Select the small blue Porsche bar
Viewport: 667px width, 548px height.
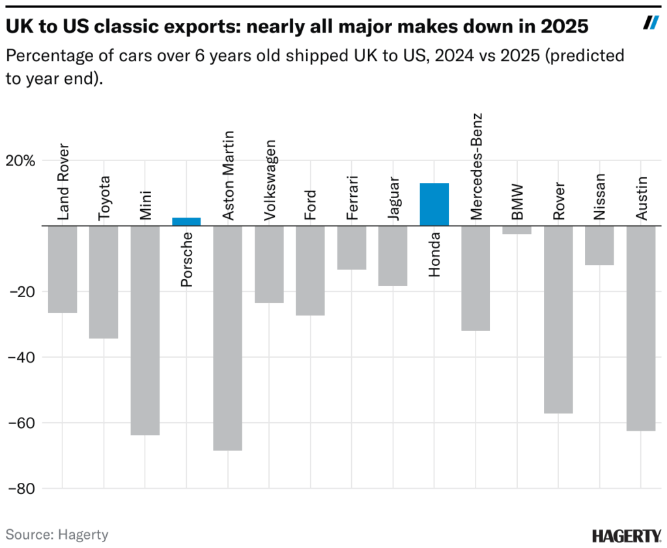tap(186, 222)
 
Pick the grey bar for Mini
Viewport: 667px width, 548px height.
tap(145, 330)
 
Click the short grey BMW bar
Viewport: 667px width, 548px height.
tap(517, 229)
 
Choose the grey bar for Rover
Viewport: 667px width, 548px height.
tap(558, 319)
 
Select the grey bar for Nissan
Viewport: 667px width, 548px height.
tap(599, 245)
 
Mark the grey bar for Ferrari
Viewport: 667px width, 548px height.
tap(351, 247)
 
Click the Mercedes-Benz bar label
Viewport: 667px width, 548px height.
tap(476, 166)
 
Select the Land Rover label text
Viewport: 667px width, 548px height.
tap(63, 181)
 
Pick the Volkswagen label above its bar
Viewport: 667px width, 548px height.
tap(269, 180)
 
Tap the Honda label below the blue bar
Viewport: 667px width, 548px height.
tap(434, 255)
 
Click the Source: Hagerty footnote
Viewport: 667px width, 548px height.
tap(57, 535)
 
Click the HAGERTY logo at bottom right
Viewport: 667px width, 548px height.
tap(626, 536)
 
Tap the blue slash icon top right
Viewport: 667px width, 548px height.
tap(651, 23)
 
